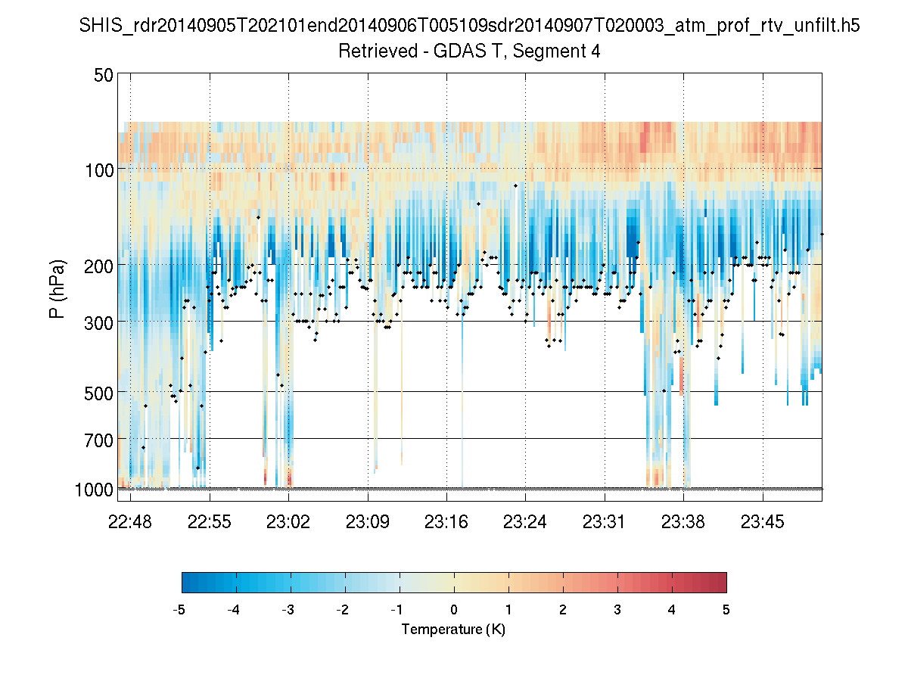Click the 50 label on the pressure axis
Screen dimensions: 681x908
pyautogui.click(x=104, y=75)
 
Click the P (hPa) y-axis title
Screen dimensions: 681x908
pyautogui.click(x=58, y=288)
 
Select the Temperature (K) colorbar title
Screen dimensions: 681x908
pyautogui.click(x=453, y=630)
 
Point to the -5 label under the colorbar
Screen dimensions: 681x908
pyautogui.click(x=179, y=610)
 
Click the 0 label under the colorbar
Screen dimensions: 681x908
pyautogui.click(x=454, y=610)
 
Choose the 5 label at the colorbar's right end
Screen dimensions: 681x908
pyautogui.click(x=726, y=610)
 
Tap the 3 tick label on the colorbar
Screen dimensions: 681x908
pyautogui.click(x=617, y=610)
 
